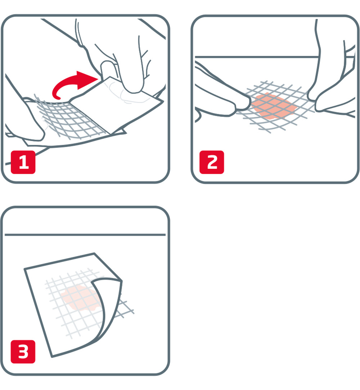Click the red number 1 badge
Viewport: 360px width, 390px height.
23,163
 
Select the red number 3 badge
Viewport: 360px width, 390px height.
23,353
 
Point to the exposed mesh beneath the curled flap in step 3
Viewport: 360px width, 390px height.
124,306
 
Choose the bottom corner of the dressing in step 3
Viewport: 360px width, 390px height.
53,356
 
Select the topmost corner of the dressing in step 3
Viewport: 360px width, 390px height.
94,254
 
